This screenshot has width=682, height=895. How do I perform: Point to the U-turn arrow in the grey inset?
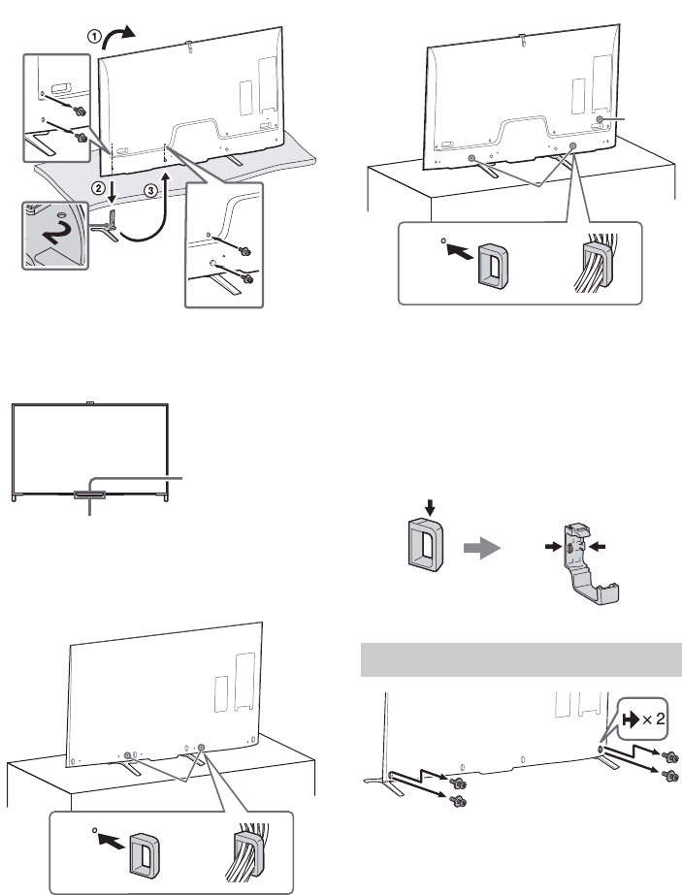55,235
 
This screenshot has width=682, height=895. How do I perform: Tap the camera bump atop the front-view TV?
89,401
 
